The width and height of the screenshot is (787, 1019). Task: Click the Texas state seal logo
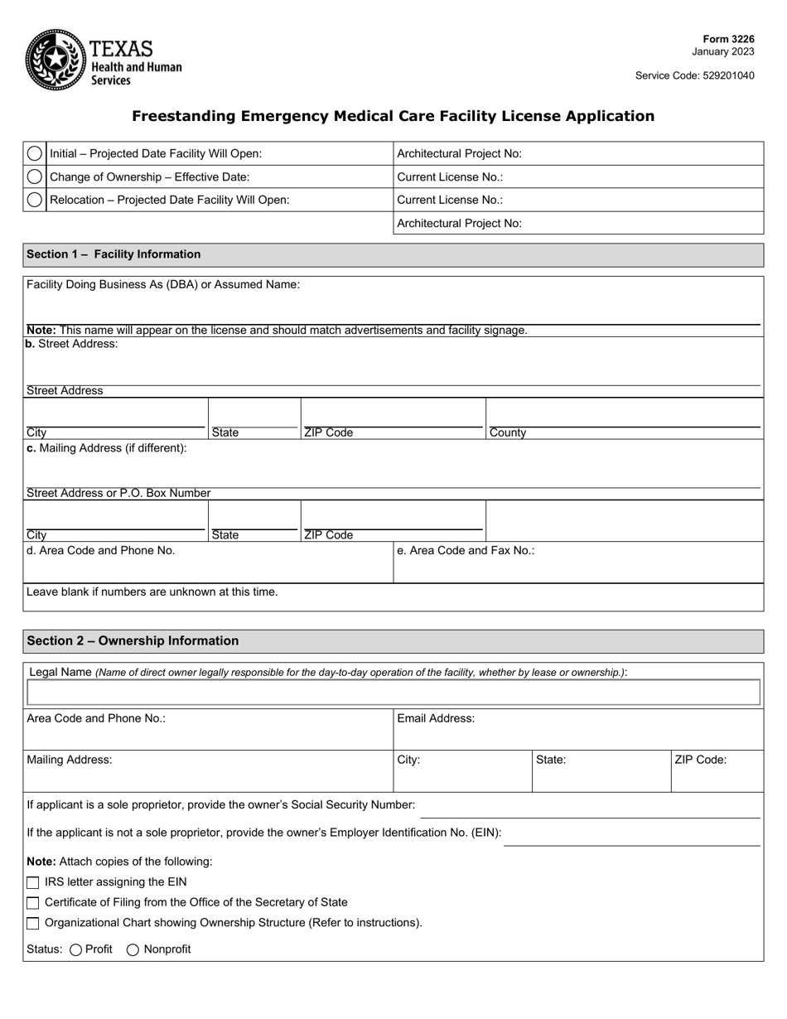(55, 59)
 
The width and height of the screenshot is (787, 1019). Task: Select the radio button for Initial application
(35, 153)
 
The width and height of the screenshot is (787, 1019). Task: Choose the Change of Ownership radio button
(35, 176)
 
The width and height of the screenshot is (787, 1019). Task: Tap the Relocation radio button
(35, 200)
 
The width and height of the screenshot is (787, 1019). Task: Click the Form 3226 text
(728, 39)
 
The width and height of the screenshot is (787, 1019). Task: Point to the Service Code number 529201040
(724, 75)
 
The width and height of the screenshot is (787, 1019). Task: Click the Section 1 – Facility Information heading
(113, 254)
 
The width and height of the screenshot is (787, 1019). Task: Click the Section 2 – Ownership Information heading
(133, 641)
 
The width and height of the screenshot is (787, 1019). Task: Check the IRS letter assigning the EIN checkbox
(33, 882)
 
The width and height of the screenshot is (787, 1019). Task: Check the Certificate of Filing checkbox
(33, 903)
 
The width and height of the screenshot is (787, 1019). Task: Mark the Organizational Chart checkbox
(33, 923)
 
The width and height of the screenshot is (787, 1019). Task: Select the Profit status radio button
(76, 950)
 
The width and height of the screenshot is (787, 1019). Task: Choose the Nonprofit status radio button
(133, 950)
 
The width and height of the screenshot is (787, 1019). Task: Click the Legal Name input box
(393, 693)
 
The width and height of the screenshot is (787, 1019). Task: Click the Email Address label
(436, 718)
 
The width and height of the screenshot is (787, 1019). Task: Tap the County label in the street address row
(508, 432)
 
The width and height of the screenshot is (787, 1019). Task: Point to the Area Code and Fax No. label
(466, 550)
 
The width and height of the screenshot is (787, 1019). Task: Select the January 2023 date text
(723, 51)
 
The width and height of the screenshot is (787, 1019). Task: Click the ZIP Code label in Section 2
(700, 760)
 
